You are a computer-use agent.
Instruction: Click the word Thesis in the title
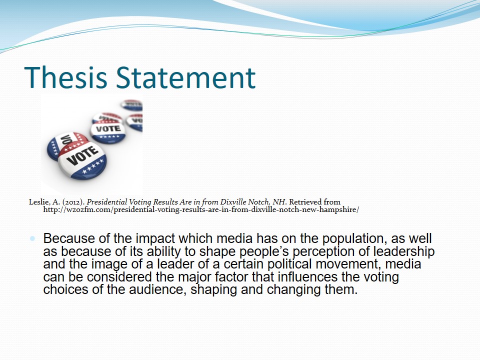point(66,77)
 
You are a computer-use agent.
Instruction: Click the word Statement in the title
point(186,77)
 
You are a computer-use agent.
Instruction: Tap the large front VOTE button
point(82,158)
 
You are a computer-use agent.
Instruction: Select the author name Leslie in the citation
point(39,202)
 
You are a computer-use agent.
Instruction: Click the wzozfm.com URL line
point(201,209)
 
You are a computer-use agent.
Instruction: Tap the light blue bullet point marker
point(32,238)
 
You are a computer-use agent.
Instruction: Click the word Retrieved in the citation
point(305,202)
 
